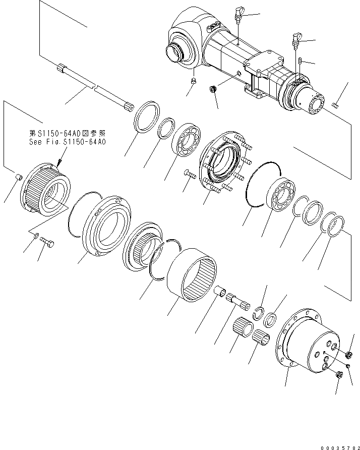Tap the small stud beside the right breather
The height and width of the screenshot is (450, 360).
tap(299, 62)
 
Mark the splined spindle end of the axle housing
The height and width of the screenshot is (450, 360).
tap(314, 104)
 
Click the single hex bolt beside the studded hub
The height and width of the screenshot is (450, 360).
tap(190, 175)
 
